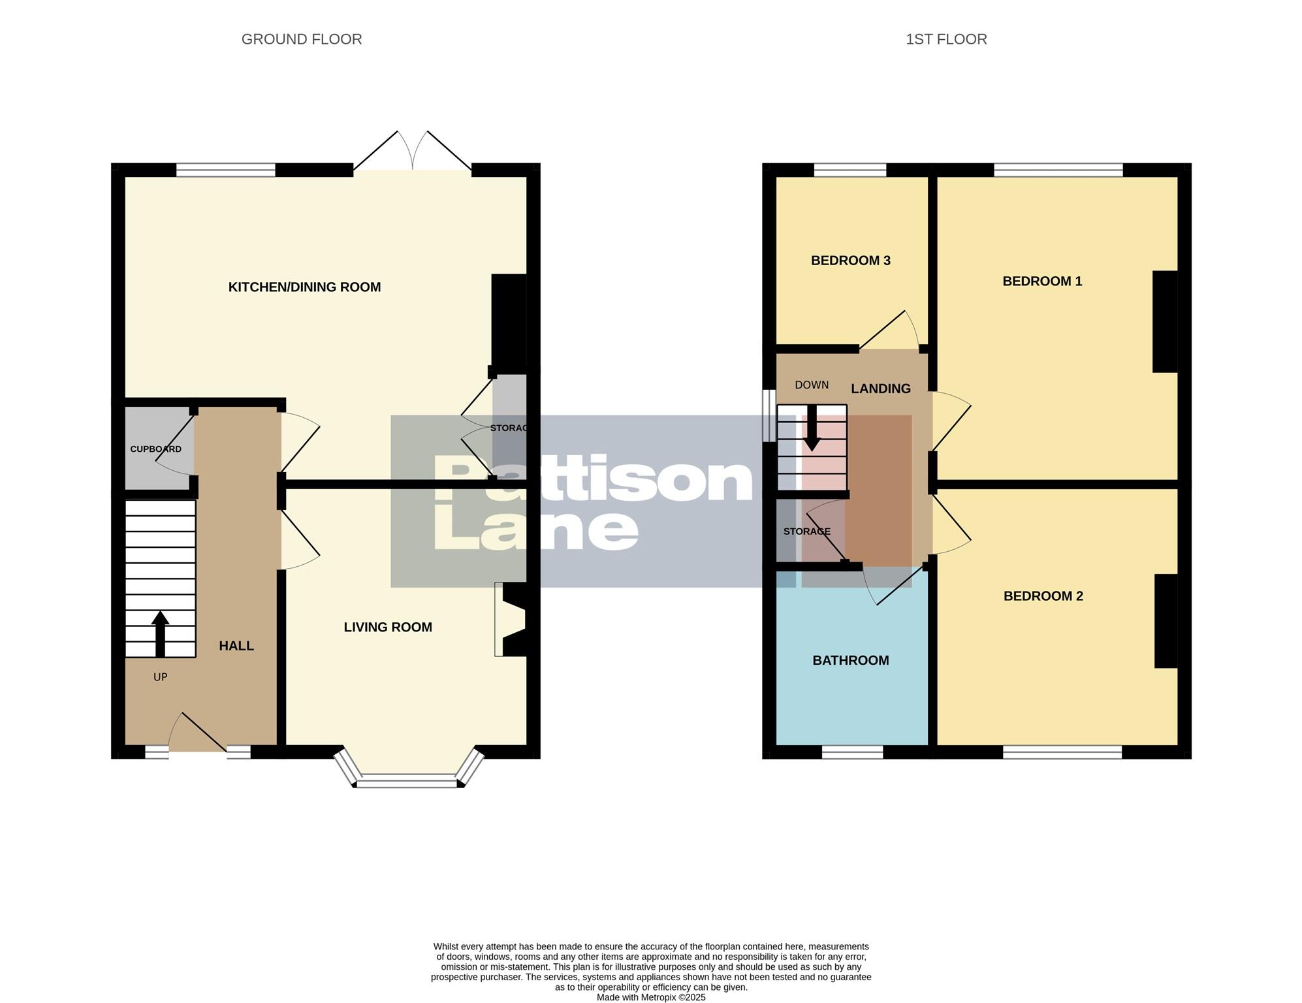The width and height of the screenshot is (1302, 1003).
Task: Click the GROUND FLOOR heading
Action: pos(301,39)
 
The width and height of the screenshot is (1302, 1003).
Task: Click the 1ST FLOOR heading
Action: pos(945,39)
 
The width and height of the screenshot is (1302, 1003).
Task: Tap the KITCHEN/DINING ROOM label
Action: pos(304,287)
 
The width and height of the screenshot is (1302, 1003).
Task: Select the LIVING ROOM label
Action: pos(388,627)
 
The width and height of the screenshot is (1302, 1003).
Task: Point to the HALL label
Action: pos(236,646)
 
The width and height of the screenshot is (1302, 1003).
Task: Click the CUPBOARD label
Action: pos(155,449)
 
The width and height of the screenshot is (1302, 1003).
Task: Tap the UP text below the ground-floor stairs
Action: pos(160,677)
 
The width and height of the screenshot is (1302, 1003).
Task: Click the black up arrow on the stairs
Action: pos(160,633)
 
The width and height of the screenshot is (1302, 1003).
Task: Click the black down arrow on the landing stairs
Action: pos(812,428)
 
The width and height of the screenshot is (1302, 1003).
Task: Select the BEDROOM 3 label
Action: pos(850,261)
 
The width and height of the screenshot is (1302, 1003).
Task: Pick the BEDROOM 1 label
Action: pos(1041,281)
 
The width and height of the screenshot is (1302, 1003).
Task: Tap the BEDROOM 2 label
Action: pos(1043,596)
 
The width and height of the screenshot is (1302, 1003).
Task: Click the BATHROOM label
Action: pos(850,660)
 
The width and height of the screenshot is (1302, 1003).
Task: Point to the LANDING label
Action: pos(880,389)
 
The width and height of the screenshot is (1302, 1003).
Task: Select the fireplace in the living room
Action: pos(510,619)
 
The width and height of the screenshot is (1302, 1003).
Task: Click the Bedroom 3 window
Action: pos(849,170)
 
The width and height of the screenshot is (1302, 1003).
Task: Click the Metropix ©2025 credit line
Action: pos(650,997)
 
